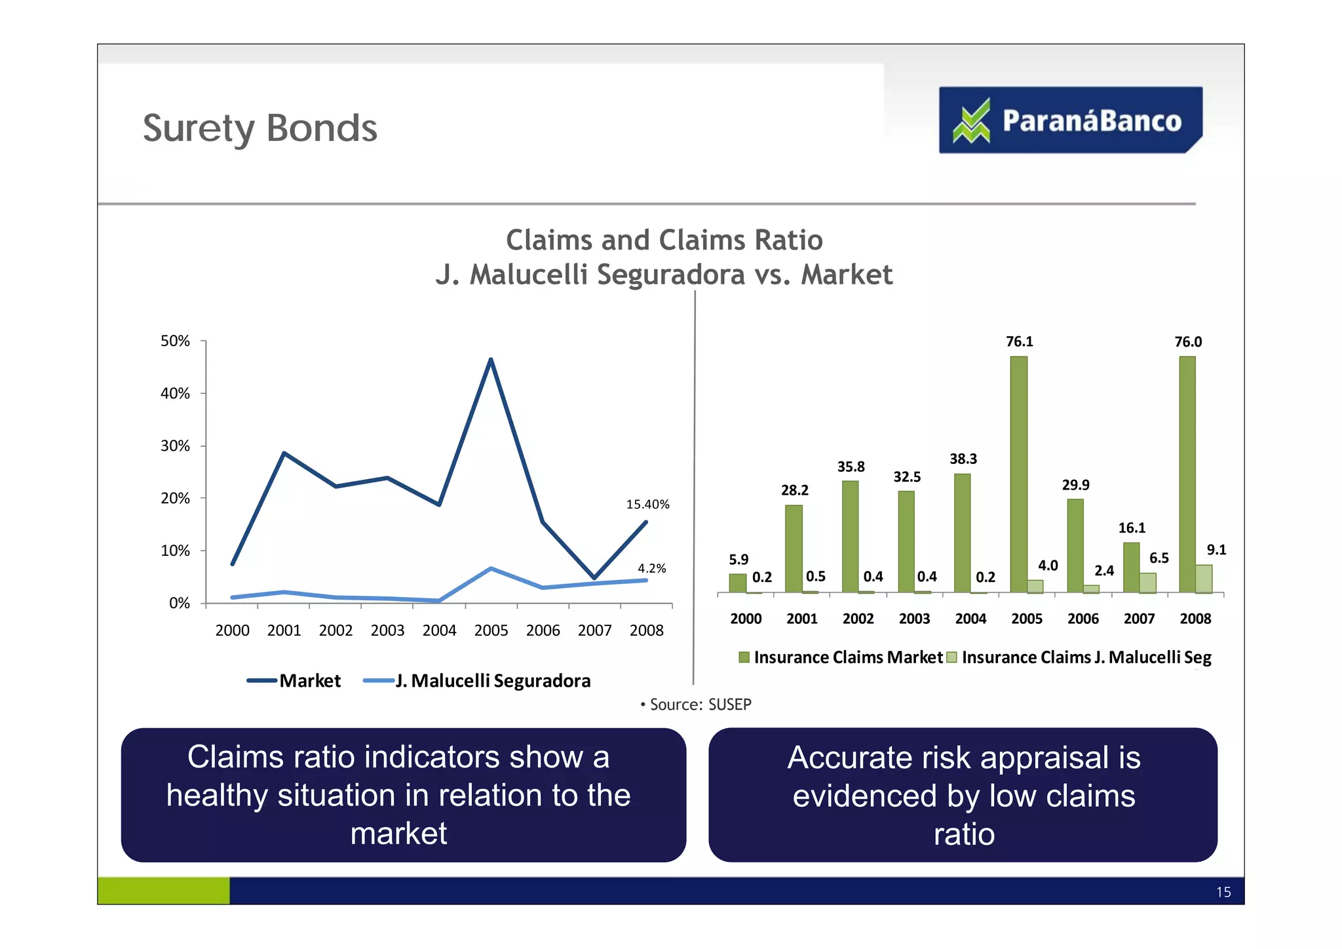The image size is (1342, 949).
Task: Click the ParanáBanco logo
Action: tap(1070, 121)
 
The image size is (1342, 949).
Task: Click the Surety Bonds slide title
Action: tap(260, 128)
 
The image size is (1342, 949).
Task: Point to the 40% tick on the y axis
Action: tap(175, 393)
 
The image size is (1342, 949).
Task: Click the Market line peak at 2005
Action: tap(491, 360)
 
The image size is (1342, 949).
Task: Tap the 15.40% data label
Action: tap(647, 504)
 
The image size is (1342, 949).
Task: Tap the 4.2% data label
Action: tap(651, 568)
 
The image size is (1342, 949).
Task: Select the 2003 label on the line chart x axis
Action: tap(387, 630)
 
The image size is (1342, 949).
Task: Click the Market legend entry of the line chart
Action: tap(294, 680)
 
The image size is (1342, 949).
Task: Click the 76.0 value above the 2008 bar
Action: tap(1187, 342)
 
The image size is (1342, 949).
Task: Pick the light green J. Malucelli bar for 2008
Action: tap(1204, 579)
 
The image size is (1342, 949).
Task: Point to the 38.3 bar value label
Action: tap(963, 459)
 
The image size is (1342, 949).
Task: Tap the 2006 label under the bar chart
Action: tap(1083, 619)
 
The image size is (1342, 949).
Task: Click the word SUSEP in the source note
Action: tap(730, 705)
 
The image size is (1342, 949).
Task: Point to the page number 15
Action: tap(1223, 892)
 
